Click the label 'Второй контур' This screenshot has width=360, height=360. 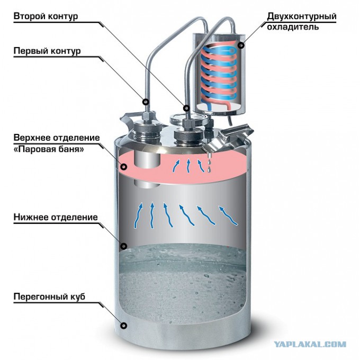[46, 16]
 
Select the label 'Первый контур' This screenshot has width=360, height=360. [47, 51]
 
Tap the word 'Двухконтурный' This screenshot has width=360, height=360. [302, 16]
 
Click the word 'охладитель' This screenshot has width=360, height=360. [293, 27]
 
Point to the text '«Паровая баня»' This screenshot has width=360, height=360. [49, 149]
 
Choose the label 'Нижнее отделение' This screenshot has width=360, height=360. [56, 217]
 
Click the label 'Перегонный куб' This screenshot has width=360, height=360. [49, 296]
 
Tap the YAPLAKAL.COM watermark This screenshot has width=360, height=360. [310, 345]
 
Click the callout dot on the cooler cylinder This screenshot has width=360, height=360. [241, 46]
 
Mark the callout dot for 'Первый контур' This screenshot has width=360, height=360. [146, 102]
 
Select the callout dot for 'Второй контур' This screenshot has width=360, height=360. [186, 107]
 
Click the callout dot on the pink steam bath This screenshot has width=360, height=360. [124, 167]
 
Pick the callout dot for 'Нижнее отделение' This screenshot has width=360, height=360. [124, 246]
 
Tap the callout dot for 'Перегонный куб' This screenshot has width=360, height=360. [124, 326]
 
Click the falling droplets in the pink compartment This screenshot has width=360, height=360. [209, 164]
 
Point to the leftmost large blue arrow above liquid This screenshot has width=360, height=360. [138, 215]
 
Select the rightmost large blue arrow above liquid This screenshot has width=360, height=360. [228, 215]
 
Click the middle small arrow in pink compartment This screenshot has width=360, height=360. [188, 166]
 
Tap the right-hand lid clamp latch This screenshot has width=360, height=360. [230, 138]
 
